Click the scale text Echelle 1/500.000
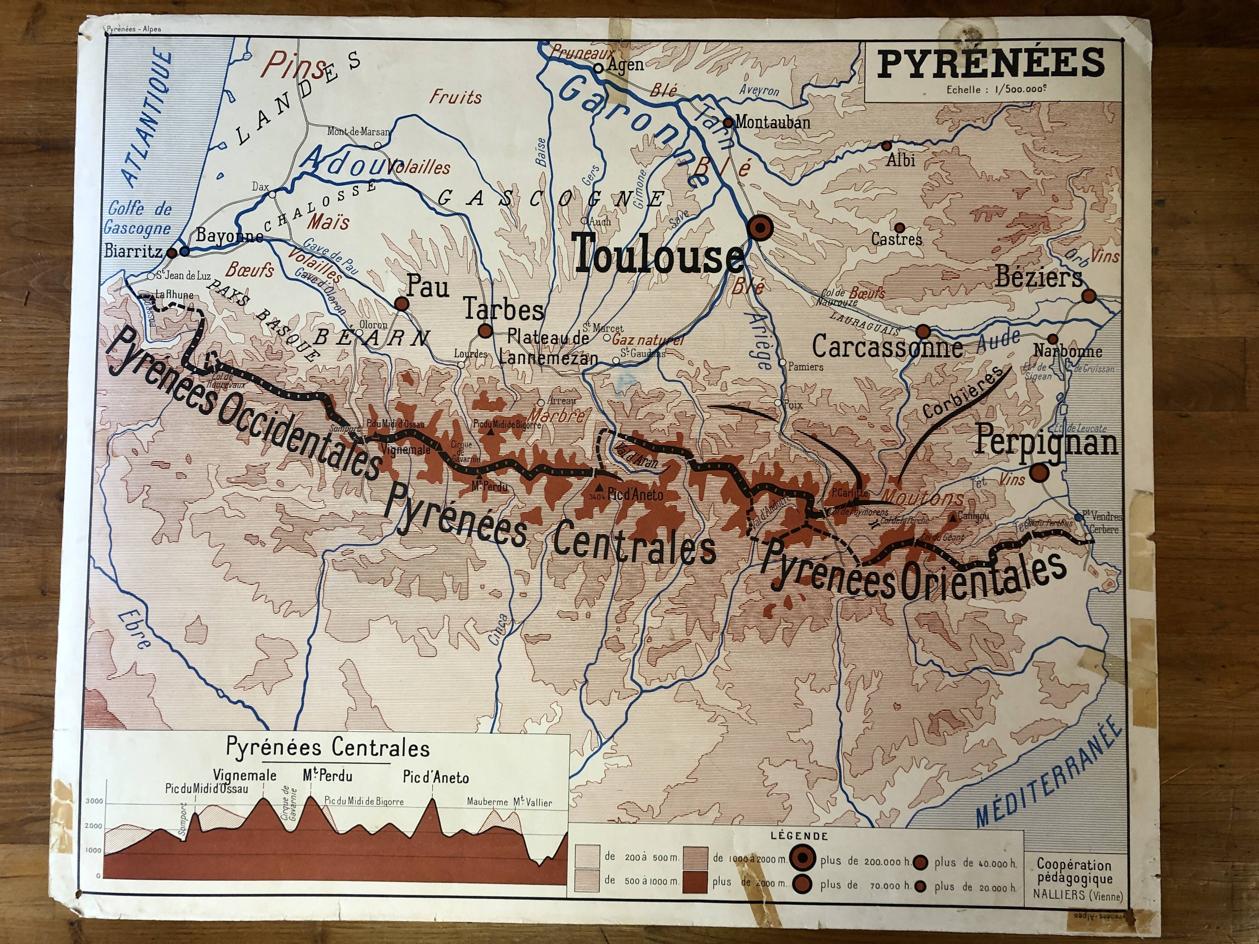(996, 89)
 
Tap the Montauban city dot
(728, 122)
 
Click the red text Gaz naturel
(647, 340)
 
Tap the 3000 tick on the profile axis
(94, 801)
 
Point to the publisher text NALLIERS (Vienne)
(1077, 896)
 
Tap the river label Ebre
(135, 630)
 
